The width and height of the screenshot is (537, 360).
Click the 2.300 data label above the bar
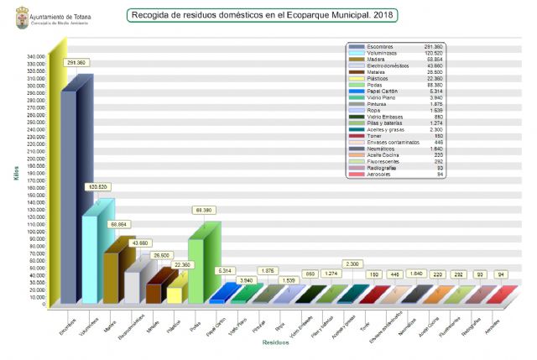[x=353, y=263]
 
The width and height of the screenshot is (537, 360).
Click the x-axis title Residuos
[x=275, y=342]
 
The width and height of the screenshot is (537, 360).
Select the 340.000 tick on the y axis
[x=35, y=58]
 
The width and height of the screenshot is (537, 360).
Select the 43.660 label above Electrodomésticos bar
[x=141, y=243]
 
